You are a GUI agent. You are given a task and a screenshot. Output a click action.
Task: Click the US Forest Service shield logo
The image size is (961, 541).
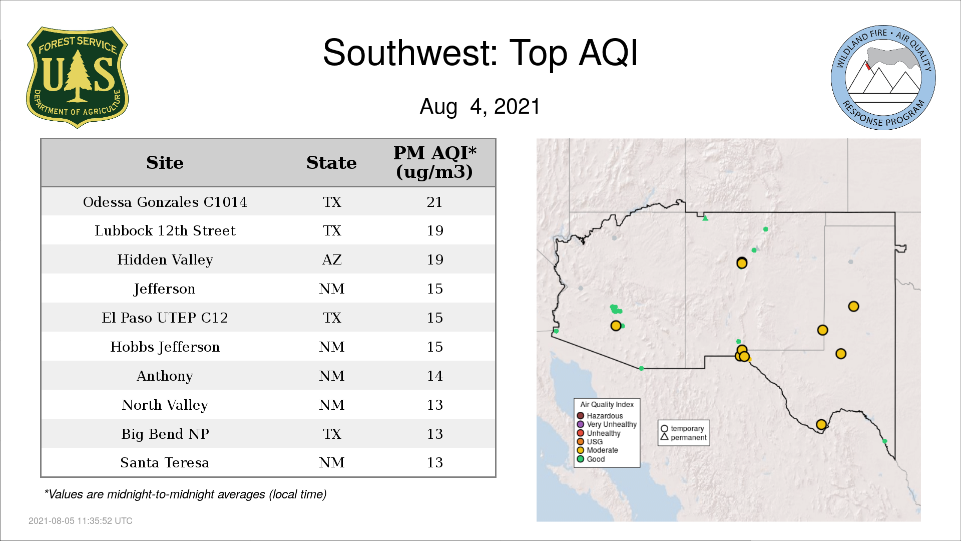point(77,78)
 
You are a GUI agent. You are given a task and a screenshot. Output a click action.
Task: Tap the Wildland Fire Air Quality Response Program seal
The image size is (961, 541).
point(883,78)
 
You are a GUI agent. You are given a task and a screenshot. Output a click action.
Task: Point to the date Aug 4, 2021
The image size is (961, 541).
point(480,107)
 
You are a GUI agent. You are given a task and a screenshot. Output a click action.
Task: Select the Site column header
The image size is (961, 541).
point(165,163)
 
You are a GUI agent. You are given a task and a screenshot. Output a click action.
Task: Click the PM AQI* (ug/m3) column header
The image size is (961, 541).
point(434,162)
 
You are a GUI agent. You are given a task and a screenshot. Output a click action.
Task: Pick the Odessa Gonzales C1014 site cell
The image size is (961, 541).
point(165,202)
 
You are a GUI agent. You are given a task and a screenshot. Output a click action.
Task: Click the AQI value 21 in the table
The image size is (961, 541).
point(434,202)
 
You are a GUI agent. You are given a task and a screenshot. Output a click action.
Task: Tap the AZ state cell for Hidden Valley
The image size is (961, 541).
point(332,259)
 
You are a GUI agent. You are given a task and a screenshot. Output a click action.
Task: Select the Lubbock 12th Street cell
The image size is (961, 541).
point(165,230)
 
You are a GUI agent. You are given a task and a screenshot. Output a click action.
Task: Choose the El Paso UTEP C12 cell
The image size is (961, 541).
point(165,318)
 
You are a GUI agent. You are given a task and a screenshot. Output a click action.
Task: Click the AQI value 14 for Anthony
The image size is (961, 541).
point(434,376)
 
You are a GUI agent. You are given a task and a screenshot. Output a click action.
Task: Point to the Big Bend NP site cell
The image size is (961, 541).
point(165,434)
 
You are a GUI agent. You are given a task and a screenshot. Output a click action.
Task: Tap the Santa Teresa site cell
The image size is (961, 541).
point(165,462)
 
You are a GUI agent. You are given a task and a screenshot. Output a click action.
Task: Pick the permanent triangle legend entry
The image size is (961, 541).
point(683,437)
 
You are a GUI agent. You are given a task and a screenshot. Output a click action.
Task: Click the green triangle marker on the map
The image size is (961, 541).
point(705,218)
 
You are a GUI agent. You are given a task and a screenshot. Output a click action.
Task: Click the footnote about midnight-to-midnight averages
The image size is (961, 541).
point(185,494)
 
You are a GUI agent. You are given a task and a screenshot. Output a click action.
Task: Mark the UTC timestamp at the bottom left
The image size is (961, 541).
point(81,521)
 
